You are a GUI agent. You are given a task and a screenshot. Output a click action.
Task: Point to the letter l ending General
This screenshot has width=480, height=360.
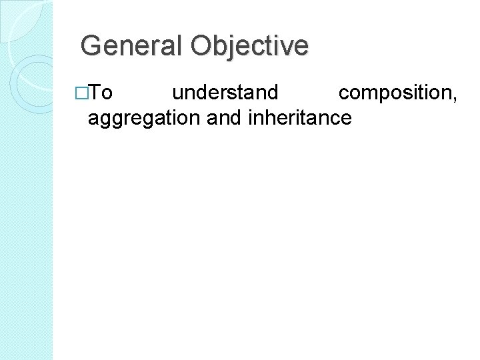tap(179, 45)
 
